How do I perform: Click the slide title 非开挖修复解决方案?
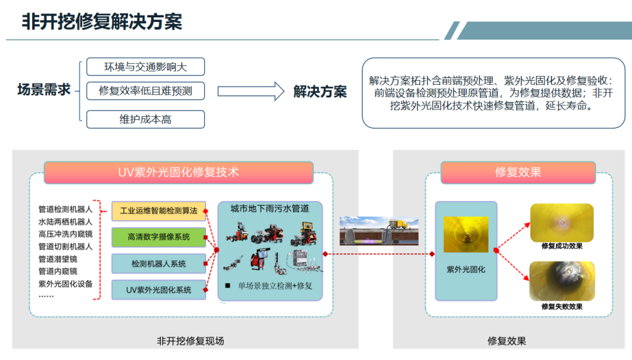(102, 21)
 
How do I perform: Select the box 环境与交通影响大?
(145, 67)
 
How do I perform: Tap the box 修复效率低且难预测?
(145, 91)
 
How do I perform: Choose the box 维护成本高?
(145, 120)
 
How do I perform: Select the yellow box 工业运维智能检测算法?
(159, 211)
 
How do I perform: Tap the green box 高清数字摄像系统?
(159, 237)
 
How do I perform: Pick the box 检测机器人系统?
(159, 263)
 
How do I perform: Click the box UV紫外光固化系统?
(159, 290)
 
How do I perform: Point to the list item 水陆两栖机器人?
(65, 221)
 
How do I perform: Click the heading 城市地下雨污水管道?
(269, 208)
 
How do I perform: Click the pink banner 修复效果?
(517, 172)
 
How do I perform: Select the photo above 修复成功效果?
(561, 223)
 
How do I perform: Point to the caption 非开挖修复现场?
(190, 341)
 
